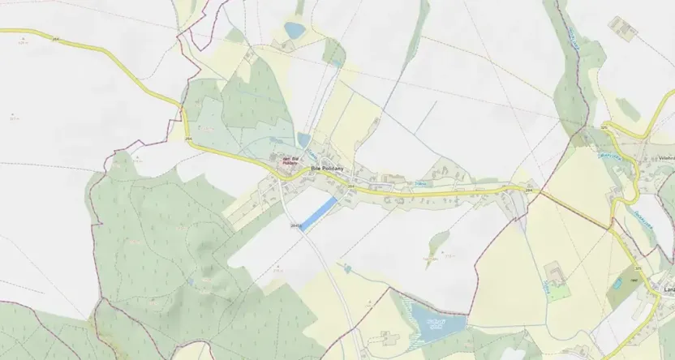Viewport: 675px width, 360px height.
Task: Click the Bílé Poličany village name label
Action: click(x=328, y=168)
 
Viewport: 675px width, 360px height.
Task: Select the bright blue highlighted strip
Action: click(x=318, y=215)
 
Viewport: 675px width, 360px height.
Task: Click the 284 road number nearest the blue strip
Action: click(x=351, y=186)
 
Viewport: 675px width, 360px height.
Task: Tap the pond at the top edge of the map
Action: click(x=294, y=31)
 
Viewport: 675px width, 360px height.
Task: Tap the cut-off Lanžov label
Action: click(x=669, y=289)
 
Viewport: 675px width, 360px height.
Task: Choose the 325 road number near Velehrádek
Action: click(x=604, y=128)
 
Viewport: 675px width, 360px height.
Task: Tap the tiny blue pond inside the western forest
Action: click(x=188, y=281)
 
